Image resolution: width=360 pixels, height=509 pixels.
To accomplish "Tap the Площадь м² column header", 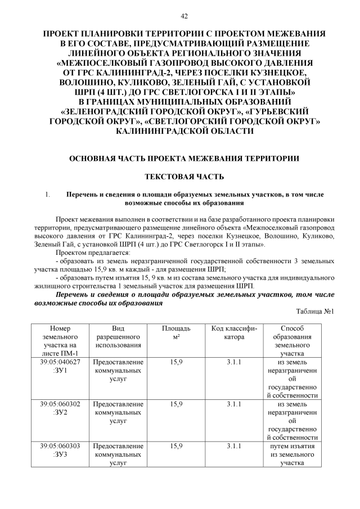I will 176,332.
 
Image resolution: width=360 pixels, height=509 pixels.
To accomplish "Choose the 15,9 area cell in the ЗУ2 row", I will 176,404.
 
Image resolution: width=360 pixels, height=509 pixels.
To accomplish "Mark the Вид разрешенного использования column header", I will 118,336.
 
